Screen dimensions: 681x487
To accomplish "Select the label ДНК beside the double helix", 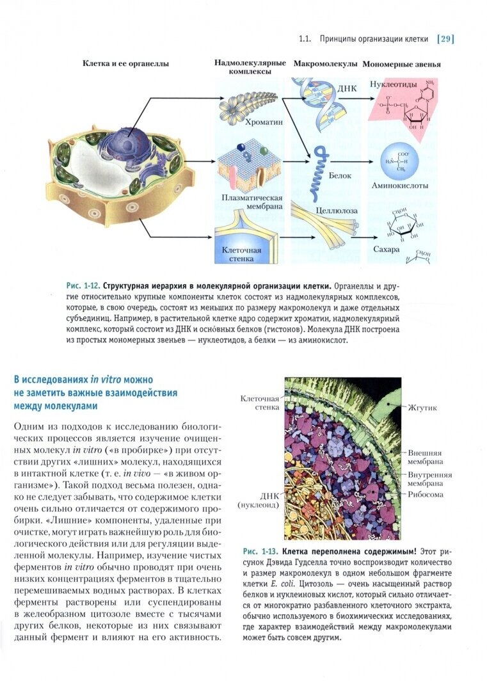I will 348,88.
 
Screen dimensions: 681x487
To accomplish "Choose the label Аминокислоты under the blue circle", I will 399,186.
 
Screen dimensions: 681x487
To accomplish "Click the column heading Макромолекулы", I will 326,65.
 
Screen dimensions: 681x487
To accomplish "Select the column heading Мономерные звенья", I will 401,65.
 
